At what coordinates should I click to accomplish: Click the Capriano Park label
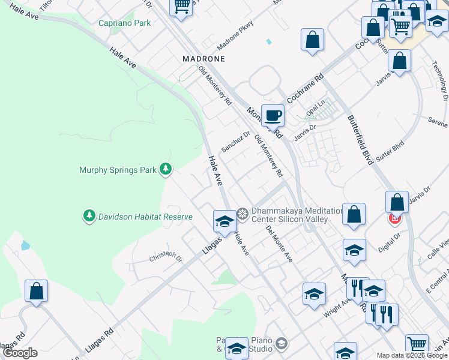(124, 23)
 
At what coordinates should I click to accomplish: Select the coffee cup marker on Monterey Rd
(272, 115)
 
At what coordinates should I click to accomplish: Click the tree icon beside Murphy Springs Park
(165, 170)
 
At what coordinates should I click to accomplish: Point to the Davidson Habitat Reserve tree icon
(89, 215)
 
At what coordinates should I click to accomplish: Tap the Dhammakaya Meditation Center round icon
(243, 214)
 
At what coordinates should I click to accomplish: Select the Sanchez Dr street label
(235, 142)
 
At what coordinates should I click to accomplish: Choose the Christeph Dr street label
(165, 257)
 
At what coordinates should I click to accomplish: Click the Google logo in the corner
(20, 353)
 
